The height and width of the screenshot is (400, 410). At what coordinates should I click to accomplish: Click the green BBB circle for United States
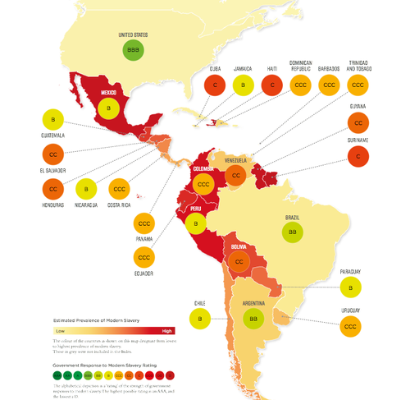(x=134, y=52)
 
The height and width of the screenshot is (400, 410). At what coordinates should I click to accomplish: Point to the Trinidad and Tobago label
(x=358, y=63)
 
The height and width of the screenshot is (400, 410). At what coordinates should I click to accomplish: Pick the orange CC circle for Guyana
(x=358, y=123)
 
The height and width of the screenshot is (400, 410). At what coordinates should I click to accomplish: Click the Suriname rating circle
(x=358, y=155)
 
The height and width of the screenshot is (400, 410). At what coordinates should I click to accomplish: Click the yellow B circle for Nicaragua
(x=86, y=189)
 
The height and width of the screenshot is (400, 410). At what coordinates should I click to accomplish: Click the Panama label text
(x=144, y=241)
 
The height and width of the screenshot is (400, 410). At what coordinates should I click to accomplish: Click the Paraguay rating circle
(x=350, y=287)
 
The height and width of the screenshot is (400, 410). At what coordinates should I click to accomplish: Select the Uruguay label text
(x=350, y=311)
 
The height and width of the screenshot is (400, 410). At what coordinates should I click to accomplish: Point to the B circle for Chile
(x=198, y=316)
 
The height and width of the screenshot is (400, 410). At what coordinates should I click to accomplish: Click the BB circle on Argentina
(x=254, y=315)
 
